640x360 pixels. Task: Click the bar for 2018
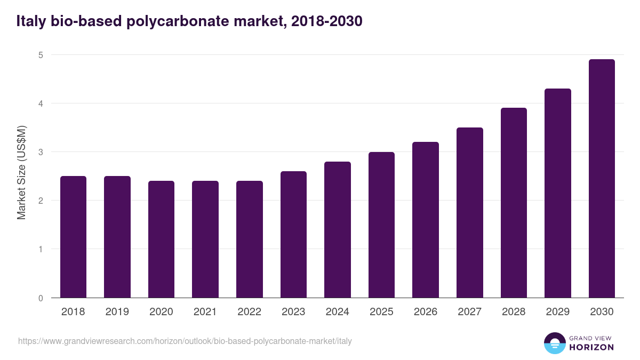click(x=73, y=237)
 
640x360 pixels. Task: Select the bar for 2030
click(x=602, y=179)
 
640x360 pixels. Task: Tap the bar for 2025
click(x=381, y=225)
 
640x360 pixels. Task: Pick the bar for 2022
click(x=250, y=239)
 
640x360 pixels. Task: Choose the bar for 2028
click(x=514, y=203)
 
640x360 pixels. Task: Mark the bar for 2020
click(x=161, y=239)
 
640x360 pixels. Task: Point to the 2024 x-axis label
click(x=337, y=312)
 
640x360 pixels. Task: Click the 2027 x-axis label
click(x=469, y=312)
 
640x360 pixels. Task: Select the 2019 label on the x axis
click(x=117, y=312)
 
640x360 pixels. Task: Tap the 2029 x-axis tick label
click(x=557, y=312)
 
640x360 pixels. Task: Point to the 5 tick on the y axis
click(x=41, y=55)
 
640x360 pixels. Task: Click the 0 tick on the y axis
click(x=41, y=298)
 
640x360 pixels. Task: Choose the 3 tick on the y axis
click(x=41, y=152)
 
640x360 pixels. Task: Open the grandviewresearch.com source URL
click(x=185, y=341)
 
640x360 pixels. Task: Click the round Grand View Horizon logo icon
click(x=554, y=343)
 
